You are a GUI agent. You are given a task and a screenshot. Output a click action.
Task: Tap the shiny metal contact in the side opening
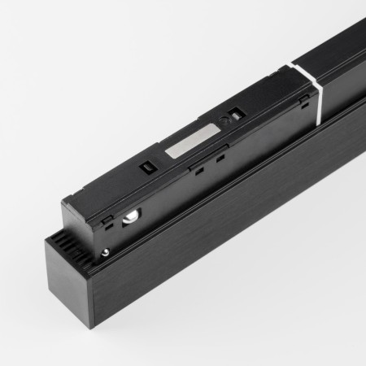(129, 216)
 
